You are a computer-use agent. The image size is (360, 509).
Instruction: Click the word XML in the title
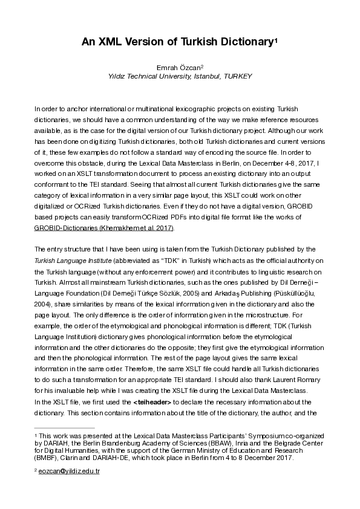[x=111, y=42]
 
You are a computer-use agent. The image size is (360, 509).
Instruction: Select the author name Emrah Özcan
[x=179, y=67]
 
